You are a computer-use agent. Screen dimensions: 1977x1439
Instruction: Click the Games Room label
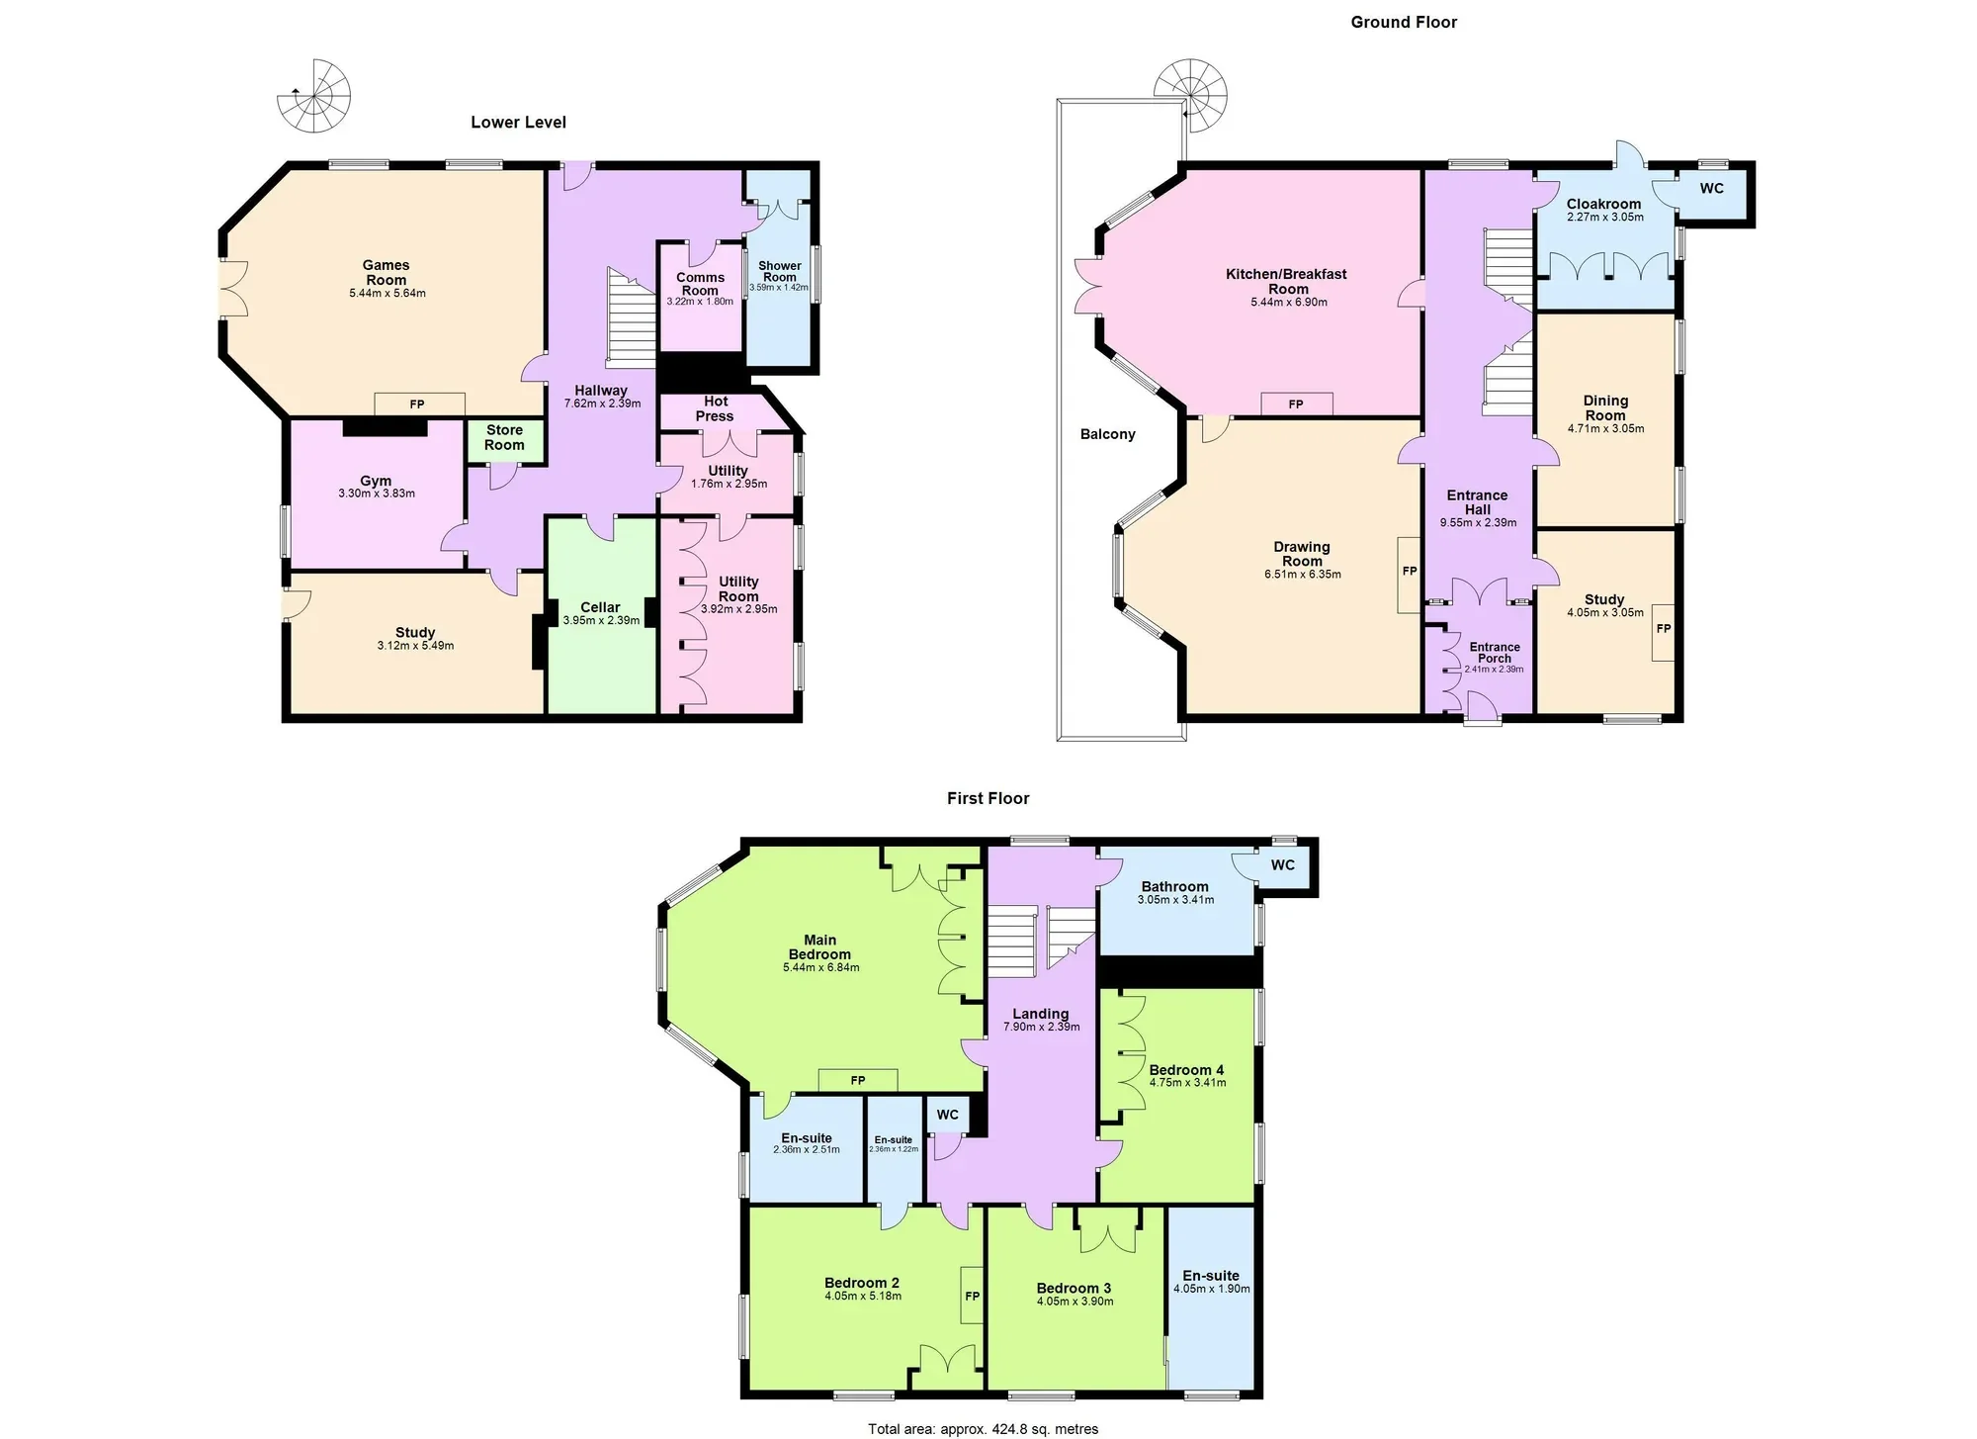[386, 272]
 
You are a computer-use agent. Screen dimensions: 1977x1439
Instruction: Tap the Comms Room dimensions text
[700, 302]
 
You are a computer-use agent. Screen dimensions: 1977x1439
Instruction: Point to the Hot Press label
[716, 408]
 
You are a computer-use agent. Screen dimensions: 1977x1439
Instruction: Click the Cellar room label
[600, 607]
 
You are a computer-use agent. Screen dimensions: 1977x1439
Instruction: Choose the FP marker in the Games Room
[417, 405]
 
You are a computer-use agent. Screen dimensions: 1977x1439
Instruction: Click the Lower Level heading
[518, 123]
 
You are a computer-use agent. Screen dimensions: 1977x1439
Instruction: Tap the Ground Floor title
[1404, 22]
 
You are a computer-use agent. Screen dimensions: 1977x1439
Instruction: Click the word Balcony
[1107, 434]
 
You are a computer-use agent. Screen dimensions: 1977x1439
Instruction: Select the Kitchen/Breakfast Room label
[1287, 282]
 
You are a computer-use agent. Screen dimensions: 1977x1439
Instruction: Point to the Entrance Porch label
[1495, 653]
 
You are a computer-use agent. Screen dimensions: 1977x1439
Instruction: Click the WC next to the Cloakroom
[1711, 188]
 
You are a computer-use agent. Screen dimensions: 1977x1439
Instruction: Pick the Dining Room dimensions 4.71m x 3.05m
[1605, 428]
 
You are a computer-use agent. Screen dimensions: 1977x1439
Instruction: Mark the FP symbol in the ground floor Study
[1664, 628]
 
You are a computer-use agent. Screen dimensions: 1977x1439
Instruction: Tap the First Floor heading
[988, 798]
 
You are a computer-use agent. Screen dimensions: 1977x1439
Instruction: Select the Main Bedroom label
[819, 947]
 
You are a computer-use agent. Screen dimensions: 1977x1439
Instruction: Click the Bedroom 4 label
[1186, 1070]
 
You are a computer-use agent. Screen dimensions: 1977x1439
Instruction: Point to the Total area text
[984, 1428]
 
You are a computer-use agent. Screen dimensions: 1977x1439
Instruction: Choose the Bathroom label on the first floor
[1174, 887]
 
